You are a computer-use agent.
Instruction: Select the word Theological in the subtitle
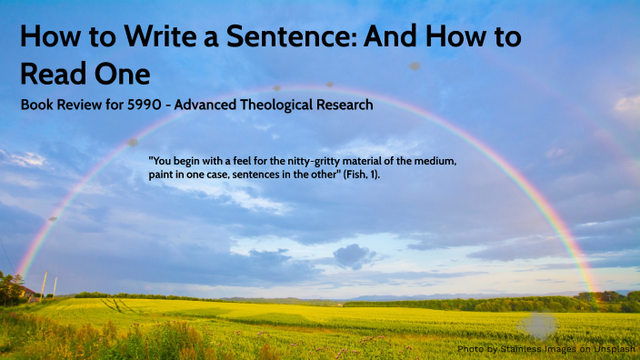click(274, 105)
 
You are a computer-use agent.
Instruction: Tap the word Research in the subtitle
click(342, 105)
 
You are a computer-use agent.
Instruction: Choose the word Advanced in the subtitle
click(206, 105)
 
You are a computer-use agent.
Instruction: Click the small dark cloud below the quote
click(354, 255)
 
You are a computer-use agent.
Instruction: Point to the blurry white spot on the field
click(538, 325)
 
